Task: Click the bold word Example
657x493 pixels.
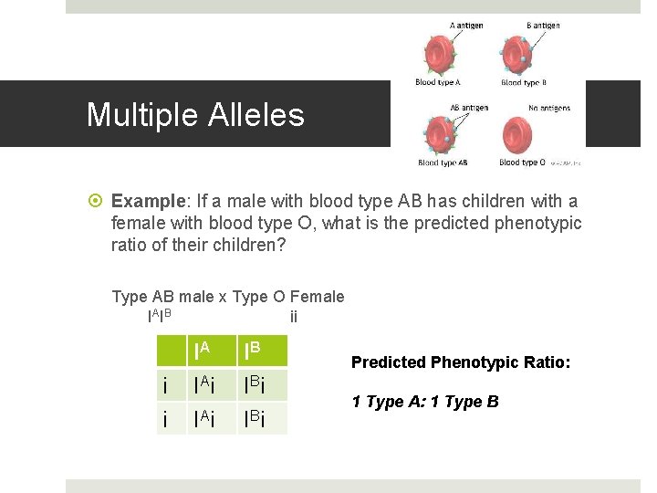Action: (145, 202)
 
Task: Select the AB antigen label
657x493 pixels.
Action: (468, 108)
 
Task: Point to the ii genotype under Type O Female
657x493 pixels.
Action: (293, 318)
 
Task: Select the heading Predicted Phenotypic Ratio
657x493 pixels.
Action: (461, 362)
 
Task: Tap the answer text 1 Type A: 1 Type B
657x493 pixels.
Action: (425, 402)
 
